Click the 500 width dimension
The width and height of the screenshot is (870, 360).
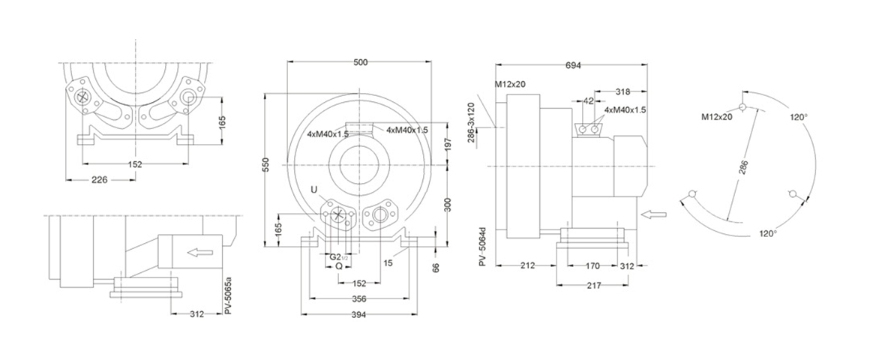click(x=361, y=63)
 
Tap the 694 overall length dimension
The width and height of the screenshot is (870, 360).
click(x=573, y=66)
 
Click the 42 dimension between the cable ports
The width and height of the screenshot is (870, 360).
click(x=588, y=100)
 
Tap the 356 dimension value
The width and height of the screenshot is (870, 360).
click(x=358, y=298)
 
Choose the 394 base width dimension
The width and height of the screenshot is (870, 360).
click(x=358, y=314)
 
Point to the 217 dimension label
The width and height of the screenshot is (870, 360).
click(x=592, y=286)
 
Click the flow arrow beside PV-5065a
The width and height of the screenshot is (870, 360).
click(x=200, y=252)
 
